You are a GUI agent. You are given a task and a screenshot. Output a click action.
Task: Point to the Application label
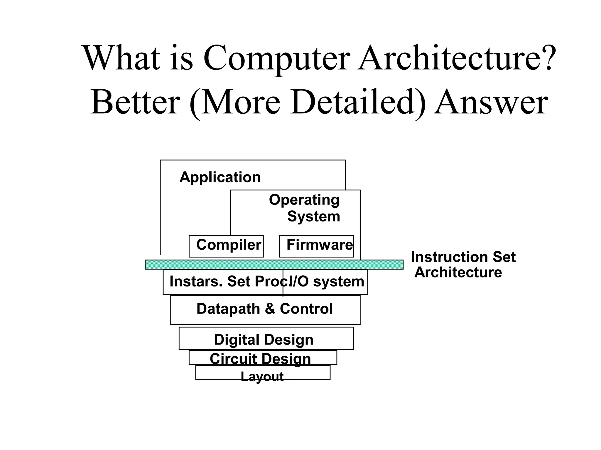tap(220, 177)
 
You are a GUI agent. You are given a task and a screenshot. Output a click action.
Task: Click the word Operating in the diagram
tap(304, 200)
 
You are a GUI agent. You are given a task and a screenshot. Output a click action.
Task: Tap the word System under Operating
tap(313, 217)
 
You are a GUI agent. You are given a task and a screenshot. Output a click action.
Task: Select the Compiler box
tap(226, 246)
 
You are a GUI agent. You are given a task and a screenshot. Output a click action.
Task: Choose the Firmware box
tap(316, 246)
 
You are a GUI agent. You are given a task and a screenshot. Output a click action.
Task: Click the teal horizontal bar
tap(274, 265)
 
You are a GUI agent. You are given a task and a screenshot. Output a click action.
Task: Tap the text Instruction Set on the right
tap(463, 257)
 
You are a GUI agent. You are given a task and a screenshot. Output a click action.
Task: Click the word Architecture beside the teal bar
tap(458, 272)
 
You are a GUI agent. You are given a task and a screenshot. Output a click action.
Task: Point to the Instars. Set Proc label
tap(226, 282)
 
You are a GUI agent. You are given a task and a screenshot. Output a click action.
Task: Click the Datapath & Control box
tap(265, 310)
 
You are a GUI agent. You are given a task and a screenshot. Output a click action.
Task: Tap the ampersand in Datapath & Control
tap(270, 309)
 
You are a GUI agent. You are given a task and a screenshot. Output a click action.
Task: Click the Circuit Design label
tap(260, 359)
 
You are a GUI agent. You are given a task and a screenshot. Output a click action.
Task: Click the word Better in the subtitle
tap(135, 103)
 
